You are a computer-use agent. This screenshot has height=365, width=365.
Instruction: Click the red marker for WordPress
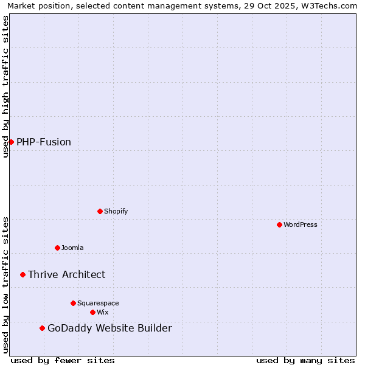tap(279, 224)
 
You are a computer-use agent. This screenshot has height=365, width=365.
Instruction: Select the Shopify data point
tap(100, 211)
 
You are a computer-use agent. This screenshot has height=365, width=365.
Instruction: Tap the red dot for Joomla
tap(57, 248)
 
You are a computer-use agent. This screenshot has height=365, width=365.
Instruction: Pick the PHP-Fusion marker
tap(11, 142)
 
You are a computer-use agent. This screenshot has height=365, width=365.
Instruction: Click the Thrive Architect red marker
tap(23, 274)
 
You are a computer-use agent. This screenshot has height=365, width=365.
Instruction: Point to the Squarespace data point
tap(73, 303)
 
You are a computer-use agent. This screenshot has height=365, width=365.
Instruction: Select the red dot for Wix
tap(92, 312)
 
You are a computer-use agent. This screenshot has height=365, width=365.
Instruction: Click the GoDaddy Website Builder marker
tap(42, 328)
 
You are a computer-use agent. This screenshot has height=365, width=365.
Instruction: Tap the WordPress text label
tap(301, 224)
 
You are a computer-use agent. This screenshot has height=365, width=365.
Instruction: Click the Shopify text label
tap(116, 211)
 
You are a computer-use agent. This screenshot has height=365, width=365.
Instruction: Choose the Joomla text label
tap(72, 248)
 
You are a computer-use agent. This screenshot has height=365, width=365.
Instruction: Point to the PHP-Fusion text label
tap(44, 142)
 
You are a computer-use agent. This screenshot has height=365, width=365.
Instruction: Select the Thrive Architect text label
tap(67, 274)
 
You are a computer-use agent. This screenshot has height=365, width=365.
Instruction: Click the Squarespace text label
tap(98, 303)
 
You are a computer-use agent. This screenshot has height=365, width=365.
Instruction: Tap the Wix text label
tap(103, 312)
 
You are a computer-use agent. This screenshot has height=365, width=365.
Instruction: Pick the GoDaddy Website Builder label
tap(109, 328)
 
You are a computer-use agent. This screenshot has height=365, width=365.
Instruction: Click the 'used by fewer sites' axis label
tap(63, 360)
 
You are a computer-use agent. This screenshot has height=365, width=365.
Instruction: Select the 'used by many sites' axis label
tap(305, 360)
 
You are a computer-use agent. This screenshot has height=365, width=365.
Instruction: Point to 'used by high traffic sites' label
tap(5, 86)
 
